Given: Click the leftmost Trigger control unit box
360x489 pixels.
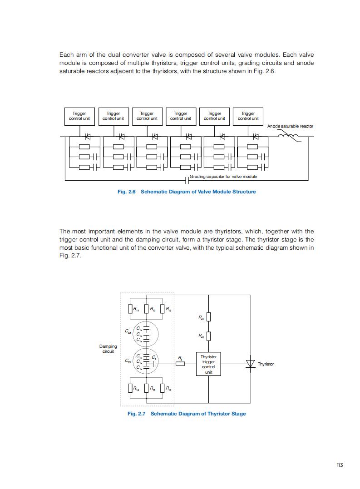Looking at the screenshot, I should click(x=79, y=116).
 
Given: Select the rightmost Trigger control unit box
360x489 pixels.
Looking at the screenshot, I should click(x=248, y=116).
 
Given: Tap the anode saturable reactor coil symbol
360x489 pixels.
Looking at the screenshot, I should click(x=289, y=136).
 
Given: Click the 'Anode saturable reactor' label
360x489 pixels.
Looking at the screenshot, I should click(x=290, y=126).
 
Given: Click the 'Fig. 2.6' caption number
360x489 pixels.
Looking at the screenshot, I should click(x=127, y=192).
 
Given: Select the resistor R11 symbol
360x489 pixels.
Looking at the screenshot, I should click(x=130, y=309).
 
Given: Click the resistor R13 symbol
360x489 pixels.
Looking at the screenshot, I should click(x=163, y=309).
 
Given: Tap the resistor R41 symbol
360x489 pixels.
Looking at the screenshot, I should click(x=208, y=316).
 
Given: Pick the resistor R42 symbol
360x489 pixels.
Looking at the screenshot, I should click(x=208, y=336).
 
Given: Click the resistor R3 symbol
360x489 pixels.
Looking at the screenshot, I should click(x=180, y=363).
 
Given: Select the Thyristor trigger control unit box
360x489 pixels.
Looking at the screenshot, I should click(x=208, y=364).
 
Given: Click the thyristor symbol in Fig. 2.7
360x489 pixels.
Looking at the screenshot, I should click(x=250, y=364).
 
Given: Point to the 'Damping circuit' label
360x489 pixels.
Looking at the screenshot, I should click(x=108, y=349).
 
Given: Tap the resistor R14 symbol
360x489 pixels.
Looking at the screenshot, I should click(x=130, y=388).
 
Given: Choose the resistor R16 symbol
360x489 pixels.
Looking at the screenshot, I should click(x=163, y=388).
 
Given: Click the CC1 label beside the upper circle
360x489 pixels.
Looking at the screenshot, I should click(x=128, y=332).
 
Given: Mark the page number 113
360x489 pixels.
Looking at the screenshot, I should click(x=339, y=464).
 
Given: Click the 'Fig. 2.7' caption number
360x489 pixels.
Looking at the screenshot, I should click(x=137, y=414).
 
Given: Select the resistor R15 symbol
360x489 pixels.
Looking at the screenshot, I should click(x=146, y=388).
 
